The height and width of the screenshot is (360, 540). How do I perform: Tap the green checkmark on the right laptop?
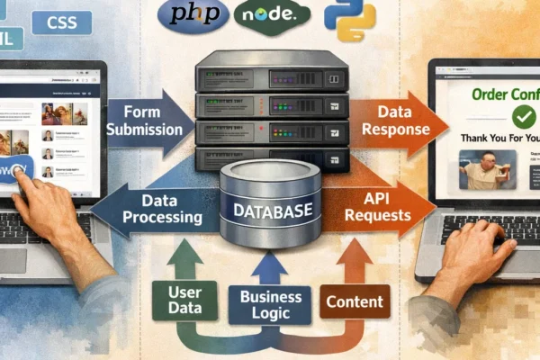tap(497, 117)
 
